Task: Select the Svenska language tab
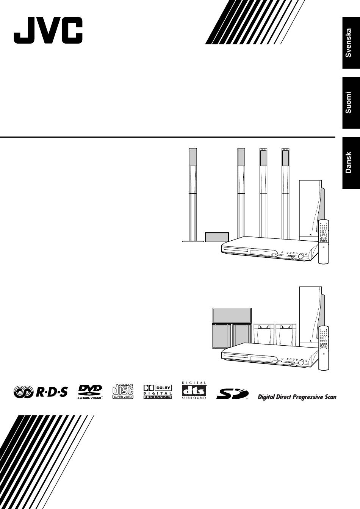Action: [351, 43]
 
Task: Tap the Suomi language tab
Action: [351, 102]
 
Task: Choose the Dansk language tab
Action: [351, 163]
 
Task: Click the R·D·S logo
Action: [41, 392]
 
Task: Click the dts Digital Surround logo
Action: [194, 390]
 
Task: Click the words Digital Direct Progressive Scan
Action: [297, 397]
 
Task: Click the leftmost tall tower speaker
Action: [193, 193]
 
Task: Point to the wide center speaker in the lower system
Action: [232, 315]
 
